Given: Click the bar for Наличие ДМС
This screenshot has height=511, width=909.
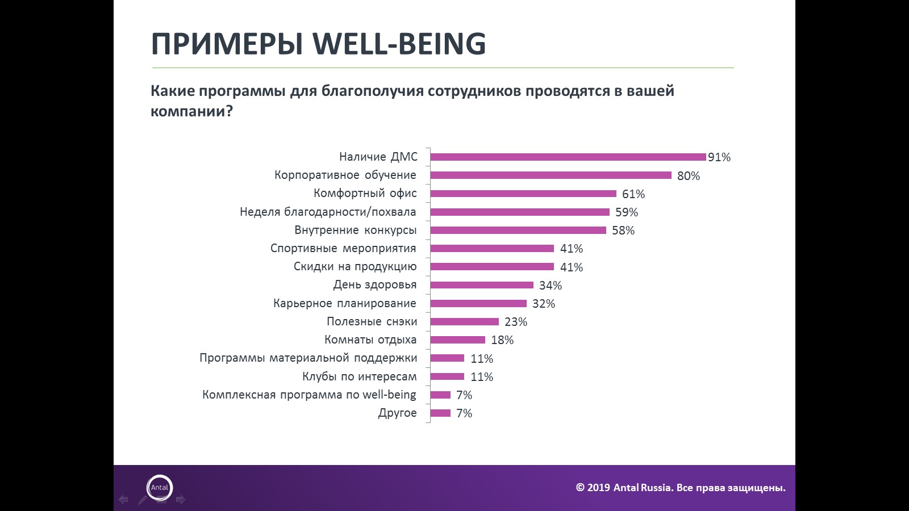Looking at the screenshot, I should [568, 157].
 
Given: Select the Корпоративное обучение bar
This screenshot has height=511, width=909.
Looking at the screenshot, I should [551, 175].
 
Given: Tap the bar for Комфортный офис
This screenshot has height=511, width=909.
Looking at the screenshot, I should [523, 194].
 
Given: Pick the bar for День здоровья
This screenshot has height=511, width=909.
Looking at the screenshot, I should [482, 285].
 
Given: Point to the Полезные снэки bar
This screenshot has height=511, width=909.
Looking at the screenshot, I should [465, 321].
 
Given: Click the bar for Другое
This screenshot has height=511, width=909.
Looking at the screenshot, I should [441, 413].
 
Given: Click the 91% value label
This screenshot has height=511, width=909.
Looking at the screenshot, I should [719, 157].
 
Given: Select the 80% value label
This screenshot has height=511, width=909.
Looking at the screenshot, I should [689, 176].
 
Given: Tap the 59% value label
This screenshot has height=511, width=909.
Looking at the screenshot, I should [627, 212].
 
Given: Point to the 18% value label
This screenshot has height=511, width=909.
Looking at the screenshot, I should [502, 340].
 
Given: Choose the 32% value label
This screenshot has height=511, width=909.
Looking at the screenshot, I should [544, 304].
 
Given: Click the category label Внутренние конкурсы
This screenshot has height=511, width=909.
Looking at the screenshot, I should [356, 230].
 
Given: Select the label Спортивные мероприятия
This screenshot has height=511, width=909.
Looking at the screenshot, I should [343, 248].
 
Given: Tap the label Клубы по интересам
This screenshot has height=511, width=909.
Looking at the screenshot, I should [360, 376].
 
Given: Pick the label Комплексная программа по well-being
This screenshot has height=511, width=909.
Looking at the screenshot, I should [310, 395].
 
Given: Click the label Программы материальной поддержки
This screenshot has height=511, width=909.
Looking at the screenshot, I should [308, 358].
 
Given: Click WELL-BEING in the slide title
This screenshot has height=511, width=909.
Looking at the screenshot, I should [399, 44].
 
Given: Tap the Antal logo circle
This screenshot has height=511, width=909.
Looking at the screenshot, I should [160, 487].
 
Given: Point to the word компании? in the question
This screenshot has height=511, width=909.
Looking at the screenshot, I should [192, 111].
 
